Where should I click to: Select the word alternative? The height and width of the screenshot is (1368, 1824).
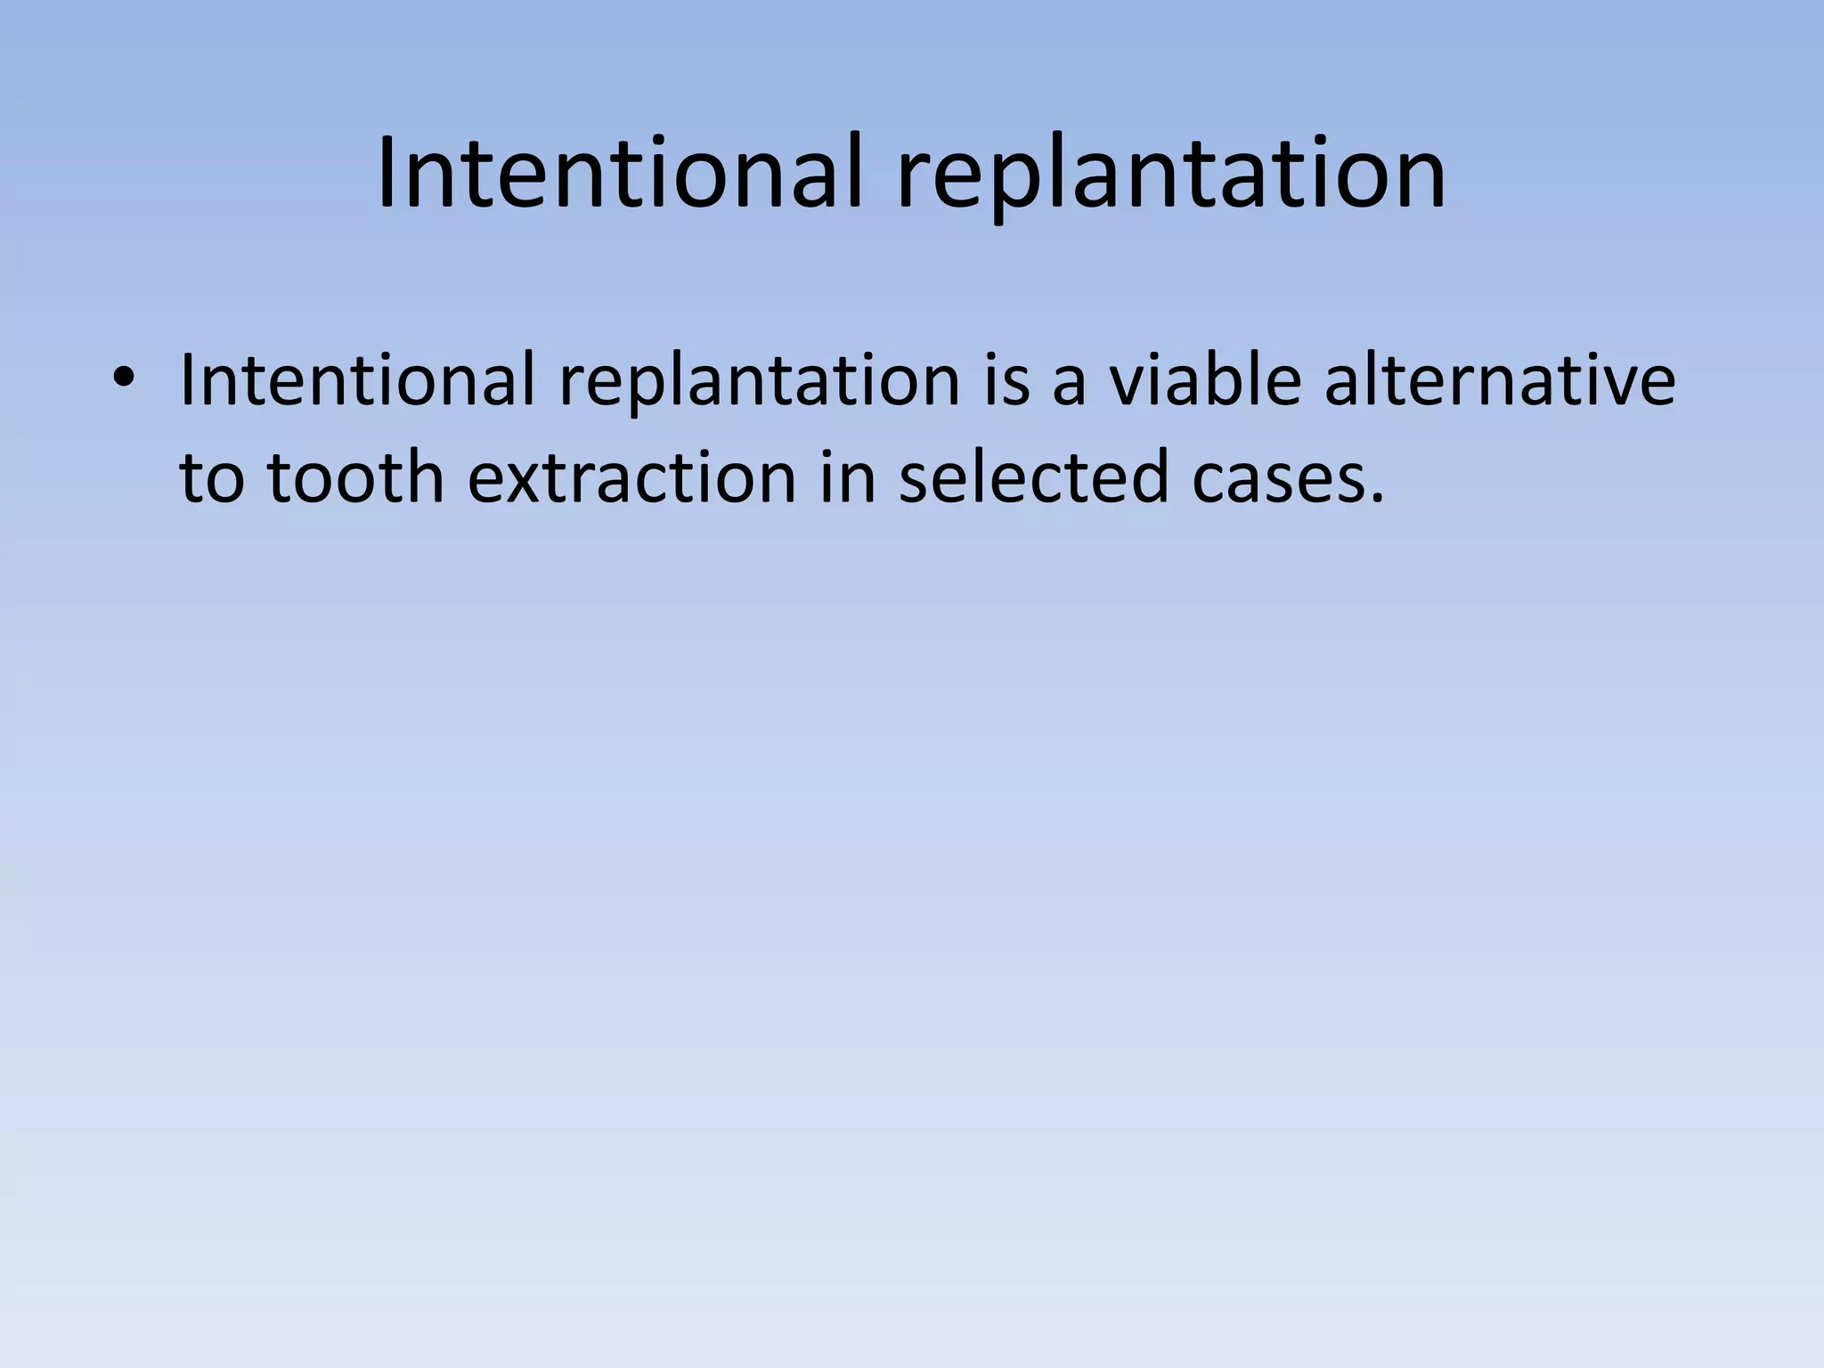[1500, 380]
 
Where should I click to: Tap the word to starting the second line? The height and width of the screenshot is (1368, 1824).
[212, 477]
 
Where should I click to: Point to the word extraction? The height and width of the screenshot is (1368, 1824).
[631, 477]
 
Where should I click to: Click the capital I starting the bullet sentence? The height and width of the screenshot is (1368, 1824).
[186, 380]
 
